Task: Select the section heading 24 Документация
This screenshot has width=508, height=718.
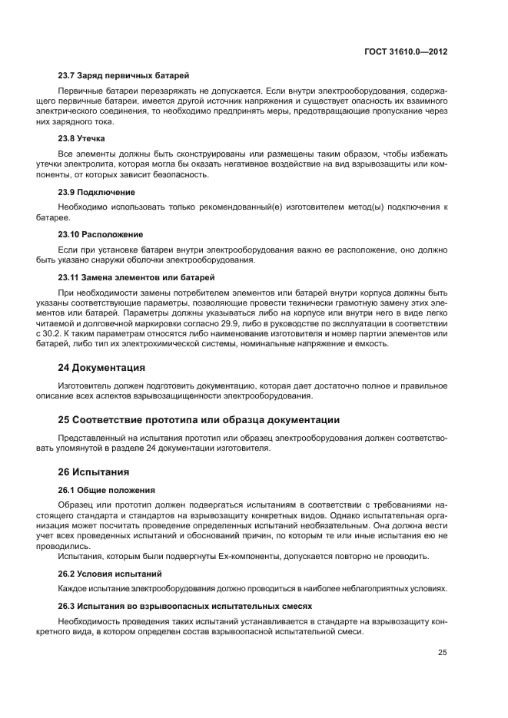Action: click(x=101, y=367)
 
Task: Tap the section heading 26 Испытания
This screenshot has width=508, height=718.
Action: click(x=94, y=471)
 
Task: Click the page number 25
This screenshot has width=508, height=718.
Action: click(x=443, y=653)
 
